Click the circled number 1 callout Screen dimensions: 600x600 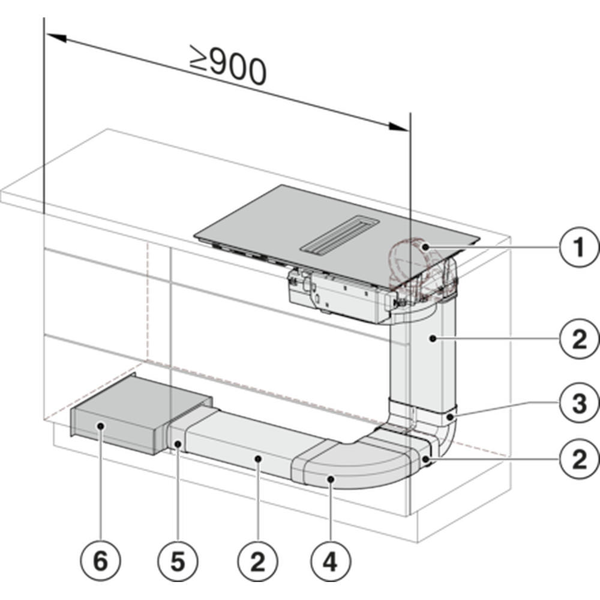[578, 247]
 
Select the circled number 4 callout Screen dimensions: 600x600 [331, 562]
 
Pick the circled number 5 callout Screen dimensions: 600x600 [178, 562]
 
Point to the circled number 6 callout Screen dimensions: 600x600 [100, 562]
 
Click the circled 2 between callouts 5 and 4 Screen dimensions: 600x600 [257, 562]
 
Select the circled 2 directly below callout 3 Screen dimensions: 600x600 [578, 460]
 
